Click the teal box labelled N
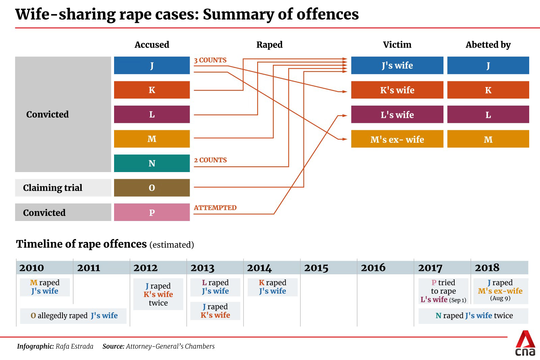pos(152,163)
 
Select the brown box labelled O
pos(152,188)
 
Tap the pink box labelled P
pos(152,212)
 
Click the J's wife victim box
pos(397,65)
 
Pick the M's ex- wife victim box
pos(397,139)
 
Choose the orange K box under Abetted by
pos(488,90)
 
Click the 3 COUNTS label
pos(210,60)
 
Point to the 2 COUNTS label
pos(210,160)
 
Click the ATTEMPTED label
pos(215,208)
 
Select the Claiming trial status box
pos(63,188)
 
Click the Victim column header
pos(397,45)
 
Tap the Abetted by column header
pos(488,45)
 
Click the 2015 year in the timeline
pos(316,268)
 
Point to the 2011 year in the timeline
pos(89,268)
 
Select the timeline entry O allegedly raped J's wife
pos(73,316)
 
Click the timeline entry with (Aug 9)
pos(500,290)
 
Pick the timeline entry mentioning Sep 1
pos(443,291)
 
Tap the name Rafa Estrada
pos(74,346)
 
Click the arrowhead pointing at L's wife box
pos(344,115)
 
